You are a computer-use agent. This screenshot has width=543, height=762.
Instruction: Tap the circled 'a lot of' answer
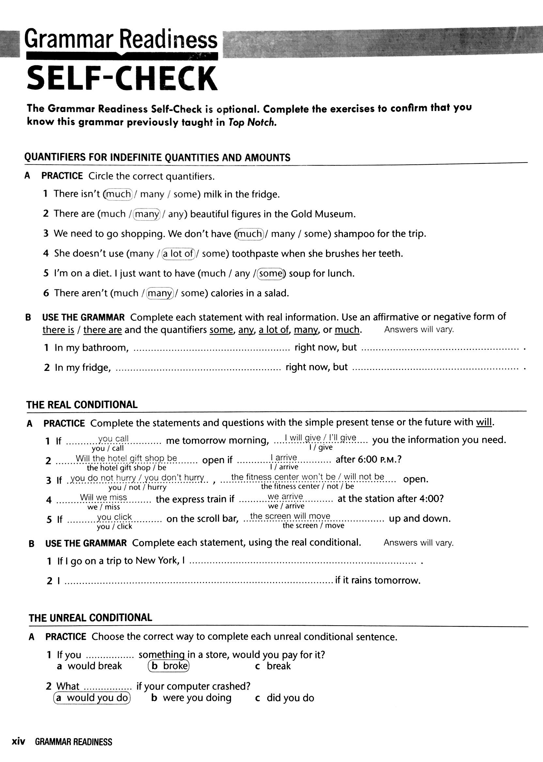178,254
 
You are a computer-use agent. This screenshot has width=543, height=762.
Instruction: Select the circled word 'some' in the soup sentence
271,273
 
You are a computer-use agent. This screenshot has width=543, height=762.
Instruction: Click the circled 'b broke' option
169,666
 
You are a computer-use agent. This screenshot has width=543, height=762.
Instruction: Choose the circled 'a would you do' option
92,697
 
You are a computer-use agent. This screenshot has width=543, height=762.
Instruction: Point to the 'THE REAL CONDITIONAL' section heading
82,405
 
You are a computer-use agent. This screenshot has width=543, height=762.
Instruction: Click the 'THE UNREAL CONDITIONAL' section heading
90,617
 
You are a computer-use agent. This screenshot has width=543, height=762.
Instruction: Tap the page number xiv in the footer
18,742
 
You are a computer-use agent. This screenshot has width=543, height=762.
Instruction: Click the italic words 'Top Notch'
253,122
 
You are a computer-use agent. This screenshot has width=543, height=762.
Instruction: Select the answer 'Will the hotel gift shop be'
126,458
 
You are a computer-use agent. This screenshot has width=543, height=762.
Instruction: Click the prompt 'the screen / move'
313,526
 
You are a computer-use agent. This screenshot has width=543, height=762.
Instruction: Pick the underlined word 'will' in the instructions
484,422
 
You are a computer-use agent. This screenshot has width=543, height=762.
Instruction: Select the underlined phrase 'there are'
103,330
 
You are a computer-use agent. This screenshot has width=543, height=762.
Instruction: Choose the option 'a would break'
90,666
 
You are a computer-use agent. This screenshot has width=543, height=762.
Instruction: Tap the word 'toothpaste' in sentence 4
256,254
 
